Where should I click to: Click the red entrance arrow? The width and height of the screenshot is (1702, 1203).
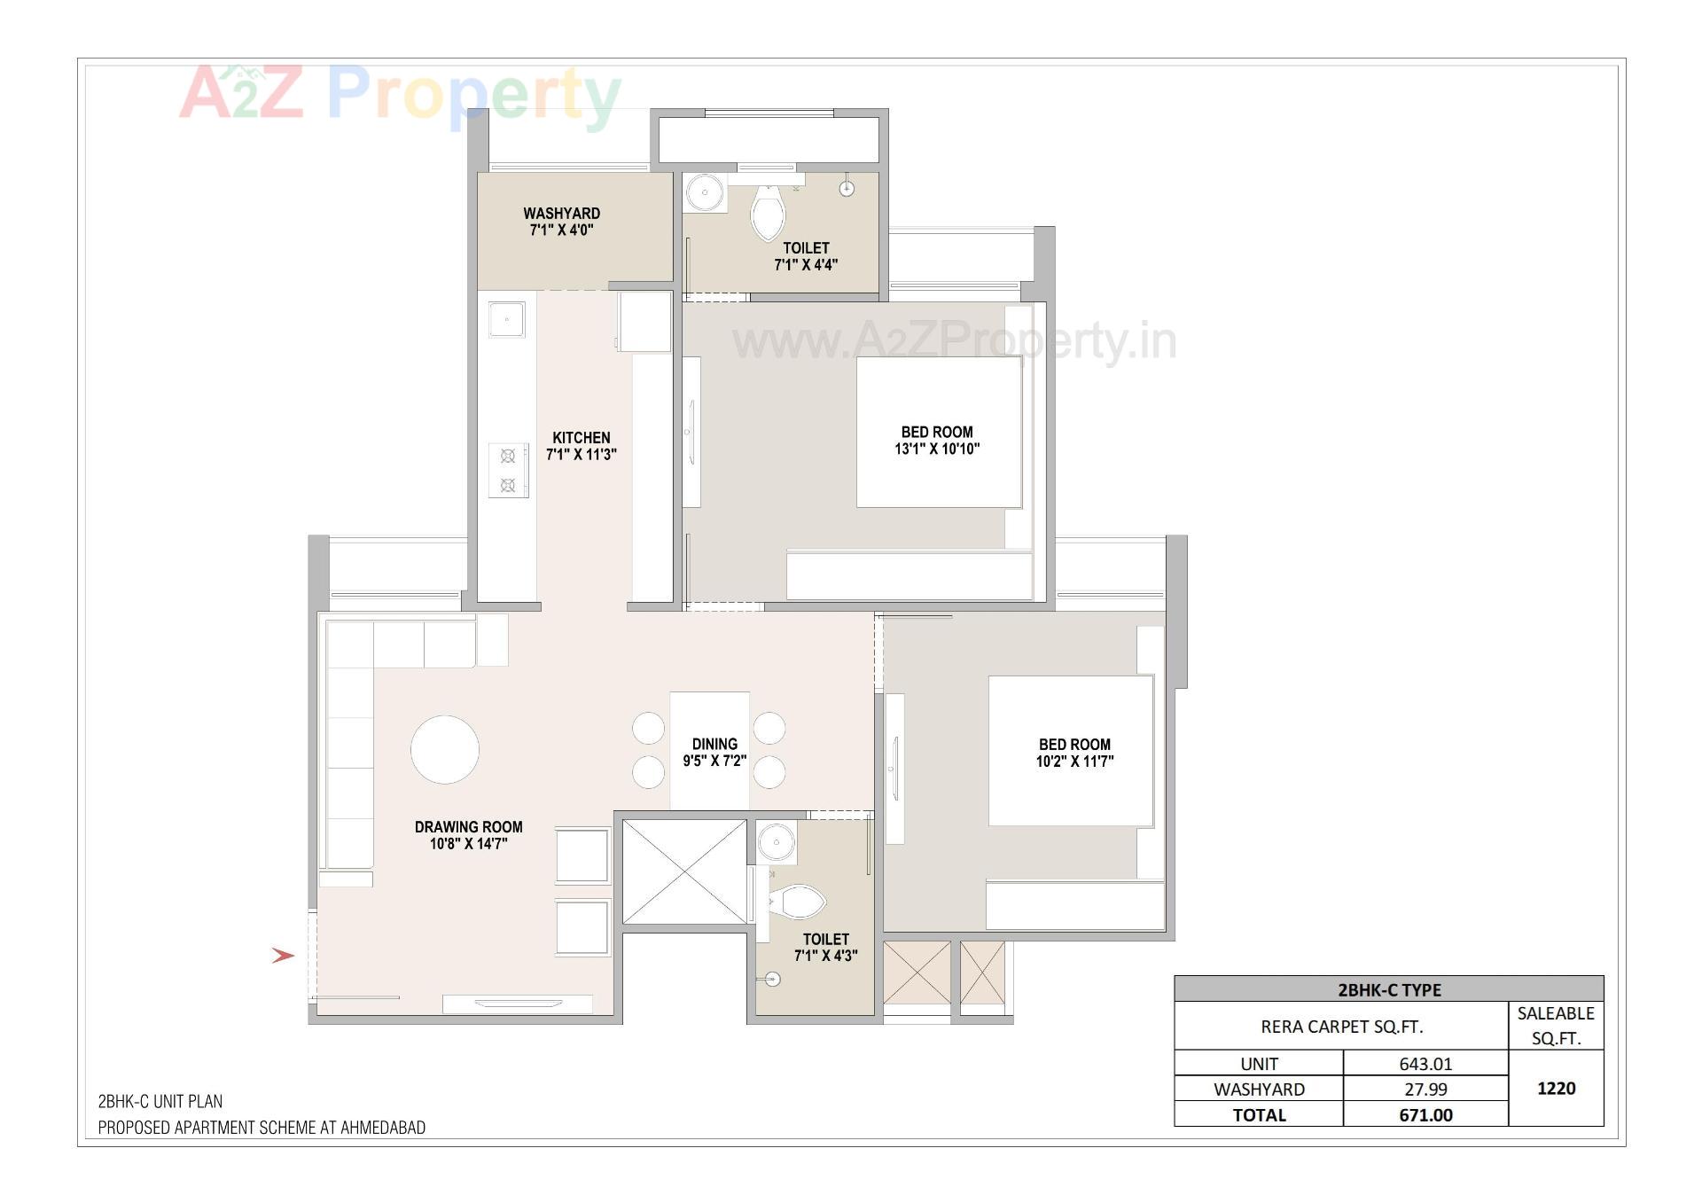pos(283,956)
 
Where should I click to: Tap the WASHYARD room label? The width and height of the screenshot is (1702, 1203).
pos(561,214)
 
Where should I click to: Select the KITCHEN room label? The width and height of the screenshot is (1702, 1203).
pos(581,438)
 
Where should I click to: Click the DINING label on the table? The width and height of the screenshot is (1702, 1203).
pos(714,745)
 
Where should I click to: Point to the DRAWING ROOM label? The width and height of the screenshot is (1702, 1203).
pos(468,827)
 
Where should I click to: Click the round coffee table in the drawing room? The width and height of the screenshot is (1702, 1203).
pos(445,750)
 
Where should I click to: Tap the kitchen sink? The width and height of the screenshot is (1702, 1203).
pos(506,319)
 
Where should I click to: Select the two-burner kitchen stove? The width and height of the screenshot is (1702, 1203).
pos(508,471)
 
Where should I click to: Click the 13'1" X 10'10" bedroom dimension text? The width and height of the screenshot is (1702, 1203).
pos(937,449)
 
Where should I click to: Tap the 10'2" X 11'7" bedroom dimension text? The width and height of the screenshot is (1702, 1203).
pos(1074,762)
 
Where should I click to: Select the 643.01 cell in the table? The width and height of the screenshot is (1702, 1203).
pos(1425,1064)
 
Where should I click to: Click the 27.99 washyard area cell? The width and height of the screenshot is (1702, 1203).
pos(1425,1090)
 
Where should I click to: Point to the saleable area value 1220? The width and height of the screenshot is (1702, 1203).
pos(1556,1089)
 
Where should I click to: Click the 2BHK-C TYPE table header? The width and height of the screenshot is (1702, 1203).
pos(1389,989)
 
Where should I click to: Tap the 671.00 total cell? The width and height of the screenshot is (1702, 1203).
pos(1425,1115)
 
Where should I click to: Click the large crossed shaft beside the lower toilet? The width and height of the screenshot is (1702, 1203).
pos(684,872)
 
